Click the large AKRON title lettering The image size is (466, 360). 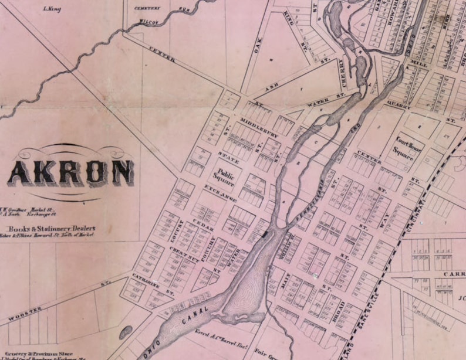point(70,173)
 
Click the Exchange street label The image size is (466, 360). point(220,194)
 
